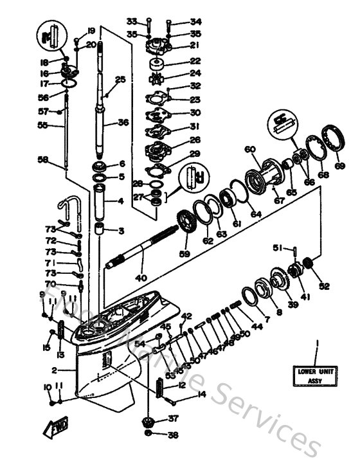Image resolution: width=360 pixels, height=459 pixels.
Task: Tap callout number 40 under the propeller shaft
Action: [140, 278]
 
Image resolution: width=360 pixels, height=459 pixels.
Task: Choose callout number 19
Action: [91, 31]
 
